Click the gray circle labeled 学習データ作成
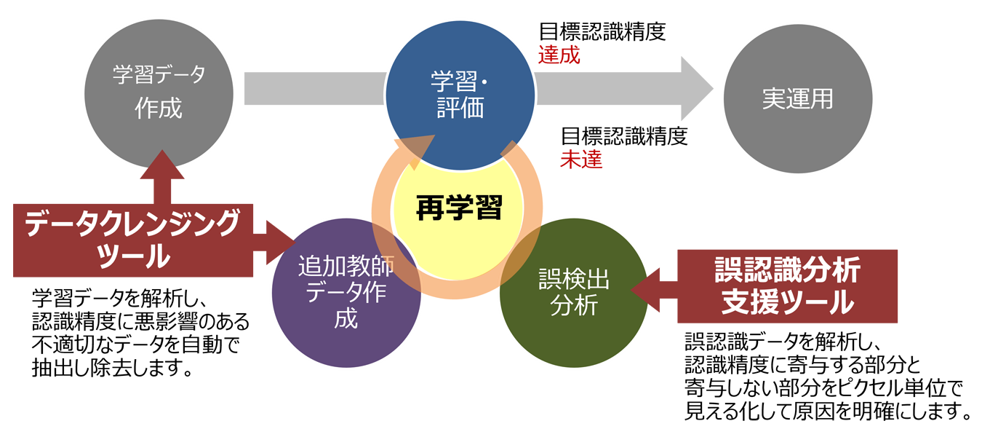[x=159, y=91]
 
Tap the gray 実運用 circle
[x=797, y=99]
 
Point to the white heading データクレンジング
[x=132, y=223]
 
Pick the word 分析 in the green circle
[x=574, y=306]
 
